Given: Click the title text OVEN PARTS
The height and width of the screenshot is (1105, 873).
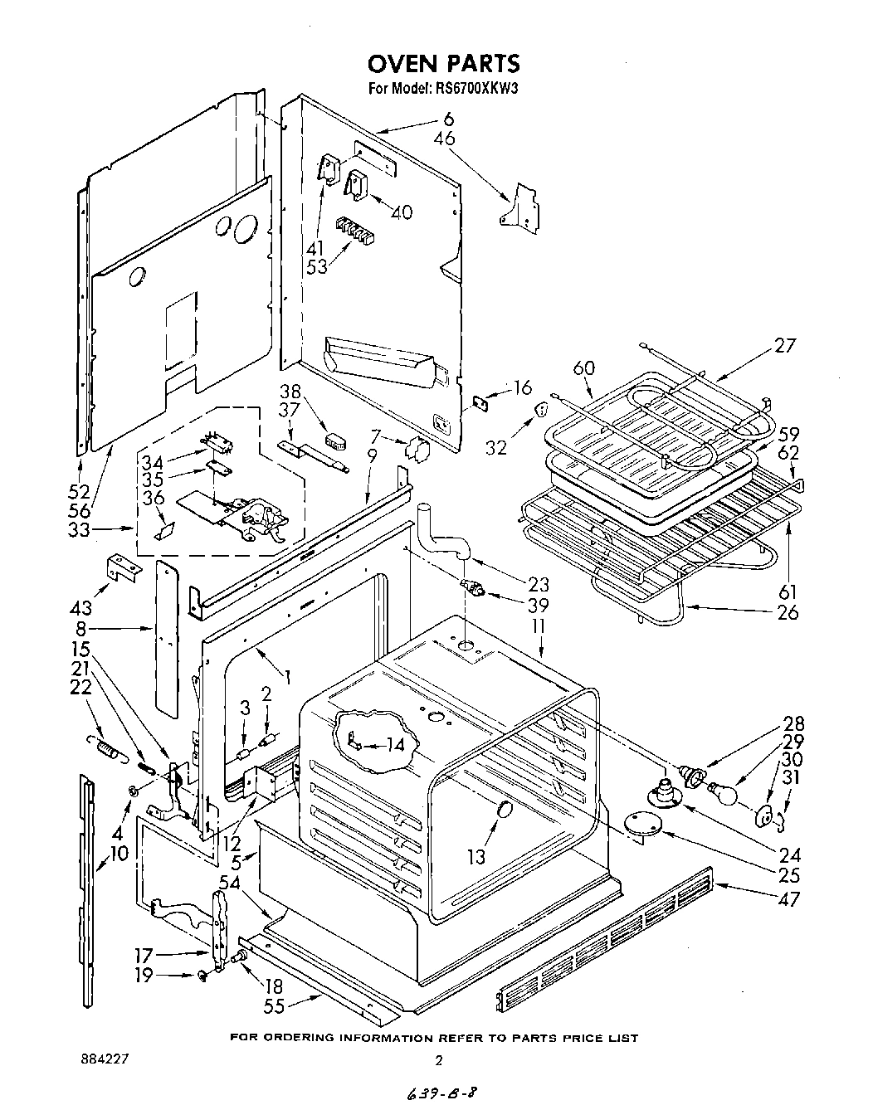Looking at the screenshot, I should (x=443, y=63).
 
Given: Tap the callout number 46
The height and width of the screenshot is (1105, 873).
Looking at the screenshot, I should (x=445, y=139).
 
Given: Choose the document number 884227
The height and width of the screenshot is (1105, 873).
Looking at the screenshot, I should (x=105, y=1059).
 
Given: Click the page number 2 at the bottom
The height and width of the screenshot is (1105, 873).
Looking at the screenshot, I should (x=441, y=1060).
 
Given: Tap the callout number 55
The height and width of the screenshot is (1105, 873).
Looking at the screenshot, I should (x=274, y=1005).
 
